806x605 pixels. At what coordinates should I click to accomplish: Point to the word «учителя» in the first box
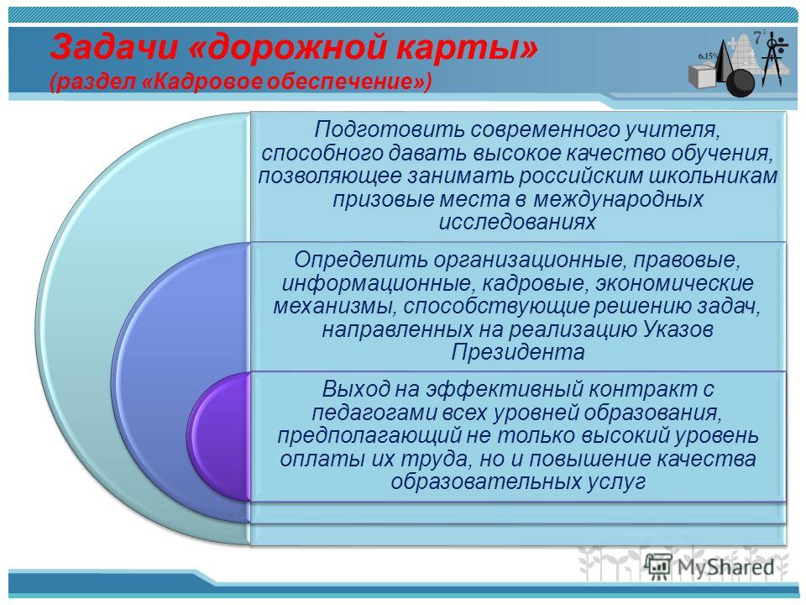point(672,130)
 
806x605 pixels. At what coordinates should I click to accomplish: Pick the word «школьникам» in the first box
point(713,176)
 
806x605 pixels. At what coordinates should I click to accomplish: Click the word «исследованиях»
point(517,222)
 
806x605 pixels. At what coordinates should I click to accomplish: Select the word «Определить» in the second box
point(361,260)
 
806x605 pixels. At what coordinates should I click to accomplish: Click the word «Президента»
point(518,352)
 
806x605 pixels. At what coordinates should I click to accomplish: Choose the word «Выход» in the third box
point(356,389)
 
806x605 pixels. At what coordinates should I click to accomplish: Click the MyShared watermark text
point(725,567)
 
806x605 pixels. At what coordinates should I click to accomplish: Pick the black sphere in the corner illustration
point(741,83)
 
